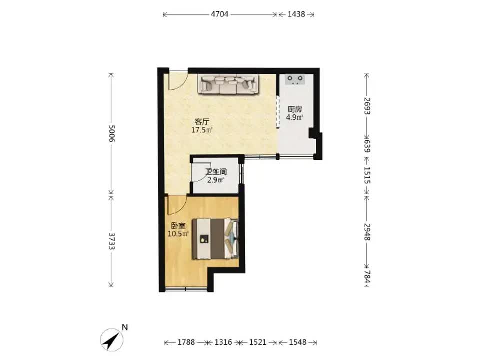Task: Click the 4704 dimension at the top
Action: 220,14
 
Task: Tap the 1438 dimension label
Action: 296,14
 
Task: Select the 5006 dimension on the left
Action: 111,133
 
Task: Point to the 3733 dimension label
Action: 111,241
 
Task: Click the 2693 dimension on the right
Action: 367,106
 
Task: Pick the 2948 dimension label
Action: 367,232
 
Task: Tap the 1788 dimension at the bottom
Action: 186,342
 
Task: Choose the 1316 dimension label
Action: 223,342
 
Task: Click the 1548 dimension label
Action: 298,342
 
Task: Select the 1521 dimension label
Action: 258,342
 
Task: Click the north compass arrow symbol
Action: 111,340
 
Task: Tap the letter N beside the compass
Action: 124,327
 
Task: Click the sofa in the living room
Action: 228,84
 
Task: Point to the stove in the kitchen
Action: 295,79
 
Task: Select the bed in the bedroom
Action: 215,239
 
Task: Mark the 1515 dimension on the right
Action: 367,175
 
